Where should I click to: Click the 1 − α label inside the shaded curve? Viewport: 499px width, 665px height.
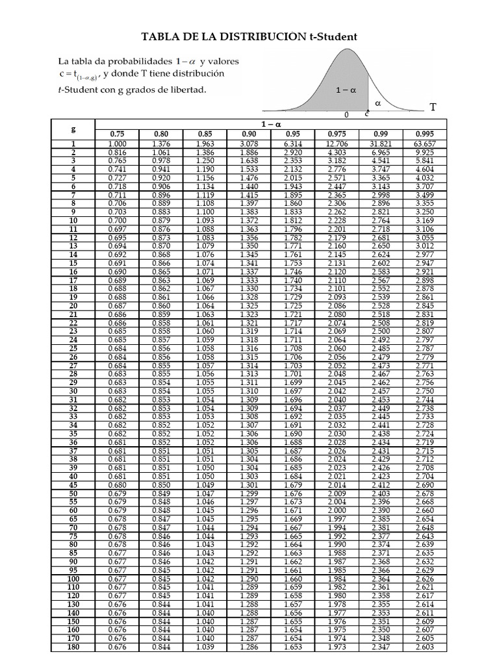[x=346, y=91]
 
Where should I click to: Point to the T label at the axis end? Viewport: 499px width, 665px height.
[x=433, y=107]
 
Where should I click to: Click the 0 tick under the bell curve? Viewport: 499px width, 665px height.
[x=346, y=115]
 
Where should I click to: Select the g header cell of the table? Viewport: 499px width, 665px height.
[x=73, y=129]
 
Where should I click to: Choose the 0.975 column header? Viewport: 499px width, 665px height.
[x=337, y=134]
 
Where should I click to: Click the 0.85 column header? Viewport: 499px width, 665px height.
[x=205, y=134]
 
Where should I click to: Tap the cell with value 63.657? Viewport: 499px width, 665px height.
[x=424, y=144]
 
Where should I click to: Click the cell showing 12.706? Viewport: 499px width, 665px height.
[x=337, y=144]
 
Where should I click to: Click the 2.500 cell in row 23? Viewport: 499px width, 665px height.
[x=381, y=331]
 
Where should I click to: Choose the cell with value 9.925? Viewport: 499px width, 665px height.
[x=424, y=153]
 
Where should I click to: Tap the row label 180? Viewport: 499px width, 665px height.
[x=73, y=647]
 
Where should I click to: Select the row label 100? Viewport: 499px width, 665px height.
[x=73, y=579]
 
